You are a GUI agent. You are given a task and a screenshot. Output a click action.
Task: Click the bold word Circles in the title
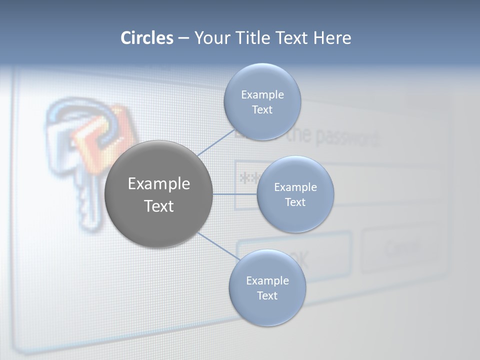point(146,37)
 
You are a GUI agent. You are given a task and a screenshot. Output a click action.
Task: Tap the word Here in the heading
point(332,37)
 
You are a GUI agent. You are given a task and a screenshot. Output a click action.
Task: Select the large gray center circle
point(158,194)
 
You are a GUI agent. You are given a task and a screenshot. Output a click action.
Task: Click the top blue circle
point(262,101)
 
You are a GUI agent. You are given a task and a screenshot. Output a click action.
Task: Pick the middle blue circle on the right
point(295,194)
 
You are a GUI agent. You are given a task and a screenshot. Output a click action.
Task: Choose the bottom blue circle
point(267,288)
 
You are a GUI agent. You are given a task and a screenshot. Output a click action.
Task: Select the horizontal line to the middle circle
point(235,194)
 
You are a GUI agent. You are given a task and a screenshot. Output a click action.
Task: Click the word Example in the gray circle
point(158,183)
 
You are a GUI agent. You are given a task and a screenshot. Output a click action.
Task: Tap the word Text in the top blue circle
point(262,110)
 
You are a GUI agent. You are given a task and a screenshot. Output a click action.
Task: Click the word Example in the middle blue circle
point(295,187)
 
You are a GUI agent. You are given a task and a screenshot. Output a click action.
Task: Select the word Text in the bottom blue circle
point(267,295)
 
